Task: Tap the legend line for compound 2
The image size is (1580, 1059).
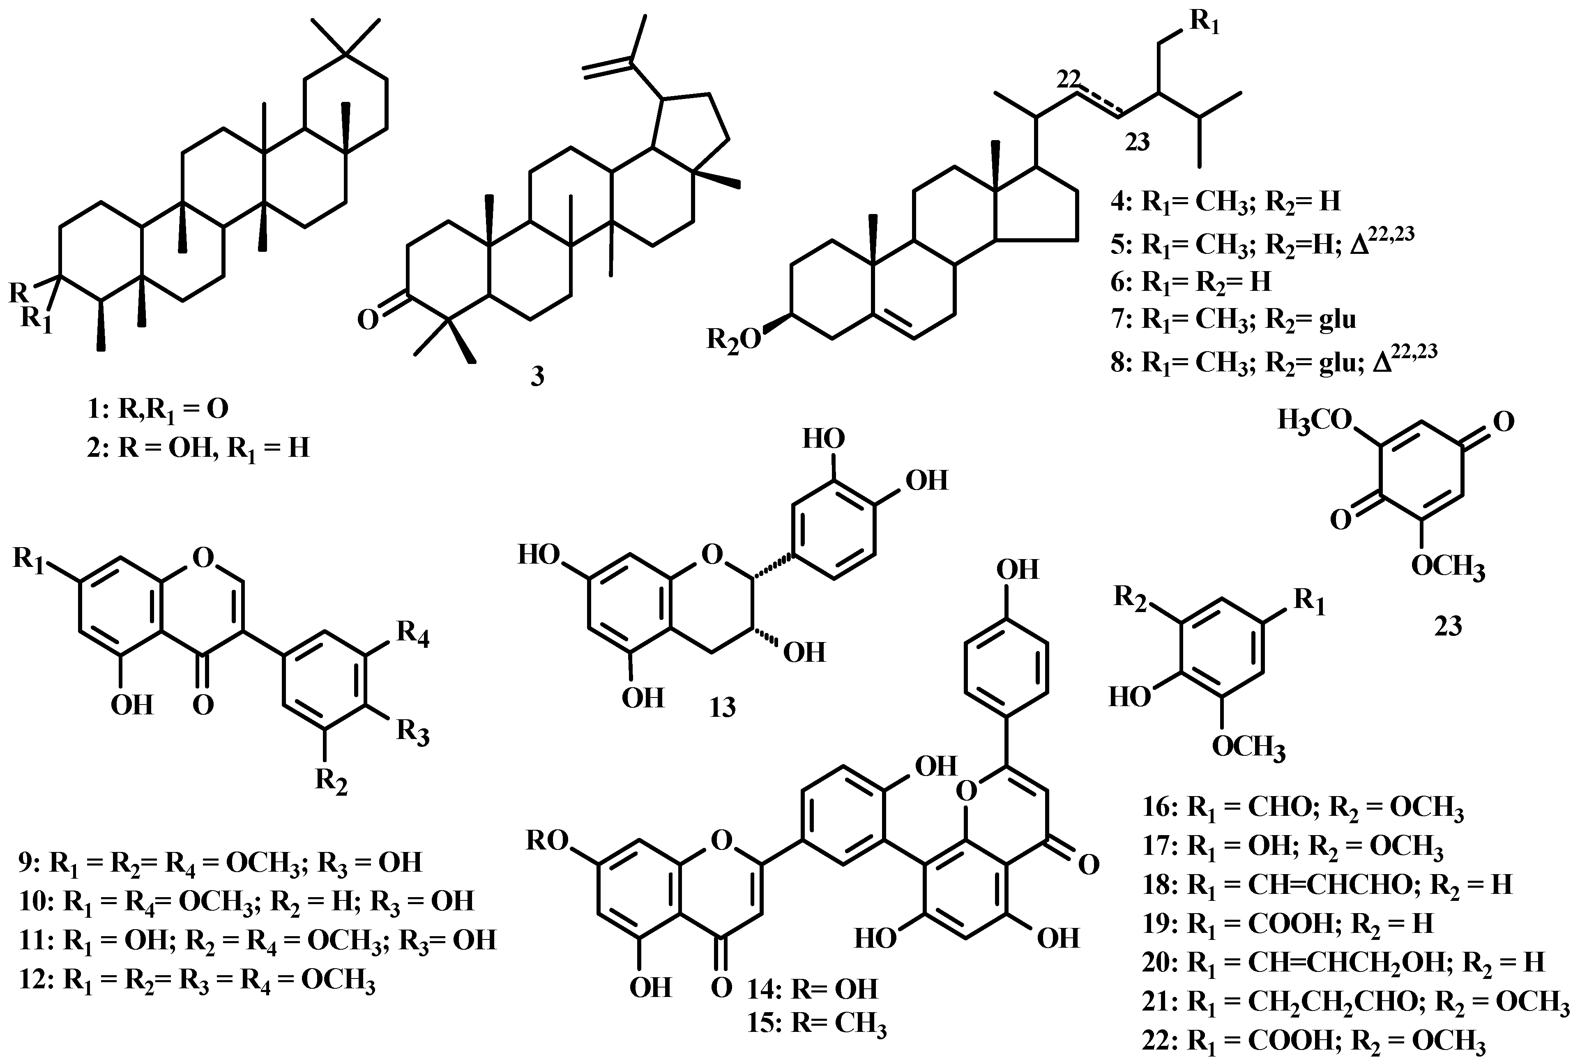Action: [x=198, y=447]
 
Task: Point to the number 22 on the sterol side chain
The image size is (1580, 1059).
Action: [x=1069, y=80]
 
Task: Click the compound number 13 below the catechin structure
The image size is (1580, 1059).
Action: [x=722, y=707]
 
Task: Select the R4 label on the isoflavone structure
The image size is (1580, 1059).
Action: [x=413, y=633]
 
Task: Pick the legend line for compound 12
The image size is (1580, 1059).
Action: [x=197, y=980]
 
